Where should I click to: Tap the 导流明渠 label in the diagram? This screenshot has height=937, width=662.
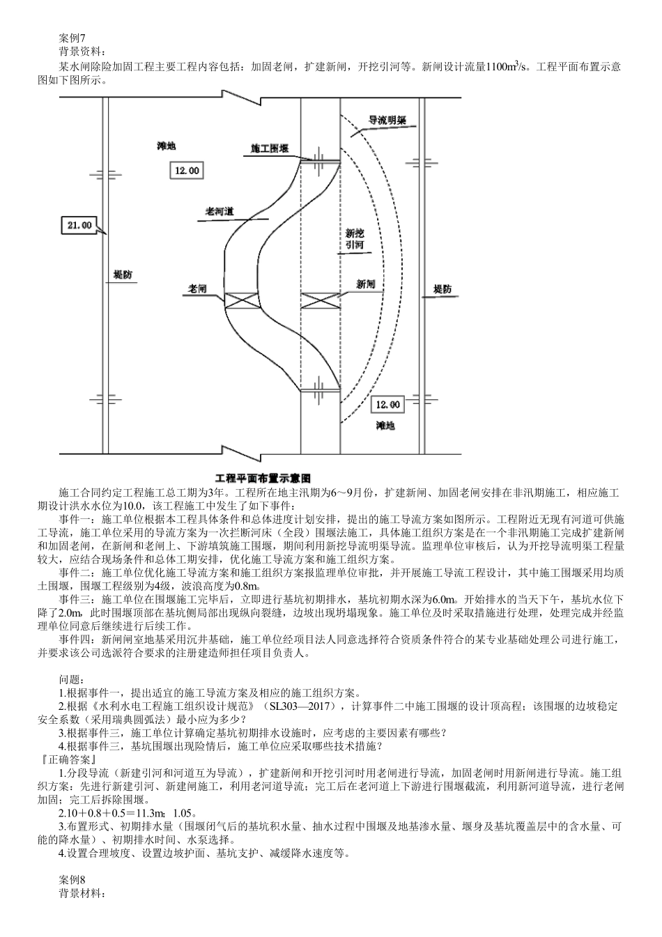(387, 119)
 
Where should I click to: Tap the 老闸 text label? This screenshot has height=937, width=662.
(198, 288)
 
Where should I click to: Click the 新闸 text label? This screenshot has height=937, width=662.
(366, 284)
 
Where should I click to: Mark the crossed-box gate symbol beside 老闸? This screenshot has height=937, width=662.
(245, 300)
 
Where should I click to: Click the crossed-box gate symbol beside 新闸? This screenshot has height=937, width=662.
(320, 300)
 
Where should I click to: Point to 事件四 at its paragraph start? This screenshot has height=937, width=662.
(77, 638)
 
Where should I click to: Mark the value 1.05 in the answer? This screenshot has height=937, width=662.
(183, 812)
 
